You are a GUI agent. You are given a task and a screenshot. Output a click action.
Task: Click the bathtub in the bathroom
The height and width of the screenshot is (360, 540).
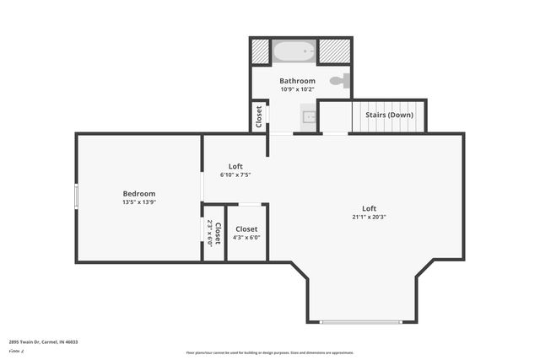click(294, 51)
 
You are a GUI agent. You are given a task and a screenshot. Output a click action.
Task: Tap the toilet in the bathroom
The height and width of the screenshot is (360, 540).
click(337, 81)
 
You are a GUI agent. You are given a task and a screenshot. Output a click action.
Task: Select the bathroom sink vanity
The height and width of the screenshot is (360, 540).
click(309, 118)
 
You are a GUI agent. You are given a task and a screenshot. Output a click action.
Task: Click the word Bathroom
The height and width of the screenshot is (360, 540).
click(297, 81)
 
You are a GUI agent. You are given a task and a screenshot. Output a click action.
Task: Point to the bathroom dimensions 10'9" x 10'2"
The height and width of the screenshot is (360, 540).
click(297, 89)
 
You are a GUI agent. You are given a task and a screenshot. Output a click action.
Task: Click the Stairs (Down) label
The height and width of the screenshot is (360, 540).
click(388, 115)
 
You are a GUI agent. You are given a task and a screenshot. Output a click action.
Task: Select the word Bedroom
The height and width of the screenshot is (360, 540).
click(139, 194)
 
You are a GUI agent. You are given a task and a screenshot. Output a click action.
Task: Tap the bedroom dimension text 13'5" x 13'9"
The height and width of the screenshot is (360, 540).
click(139, 202)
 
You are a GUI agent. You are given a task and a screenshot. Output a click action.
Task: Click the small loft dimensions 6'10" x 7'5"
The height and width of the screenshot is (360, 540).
click(235, 175)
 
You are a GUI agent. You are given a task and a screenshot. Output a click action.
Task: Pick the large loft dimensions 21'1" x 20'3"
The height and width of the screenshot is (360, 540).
click(369, 217)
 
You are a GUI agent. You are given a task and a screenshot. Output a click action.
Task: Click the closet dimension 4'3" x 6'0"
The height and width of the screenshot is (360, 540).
click(247, 238)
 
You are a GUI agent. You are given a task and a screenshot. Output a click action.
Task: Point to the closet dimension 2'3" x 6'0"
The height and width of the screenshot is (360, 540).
click(210, 233)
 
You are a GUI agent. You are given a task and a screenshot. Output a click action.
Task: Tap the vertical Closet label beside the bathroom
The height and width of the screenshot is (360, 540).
click(258, 116)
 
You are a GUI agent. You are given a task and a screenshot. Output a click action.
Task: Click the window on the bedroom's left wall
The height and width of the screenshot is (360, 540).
click(76, 196)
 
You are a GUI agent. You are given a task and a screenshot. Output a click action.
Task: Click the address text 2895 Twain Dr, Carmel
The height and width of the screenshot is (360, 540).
click(42, 342)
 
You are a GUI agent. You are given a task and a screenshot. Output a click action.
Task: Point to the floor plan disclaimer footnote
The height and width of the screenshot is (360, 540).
click(270, 352)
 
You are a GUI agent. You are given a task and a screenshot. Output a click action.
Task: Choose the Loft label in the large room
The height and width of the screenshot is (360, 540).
click(369, 208)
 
